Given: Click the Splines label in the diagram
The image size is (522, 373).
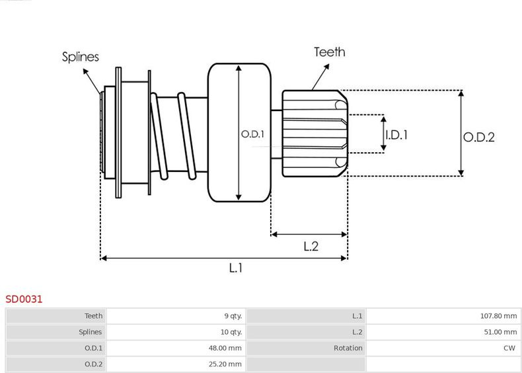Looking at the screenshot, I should [81, 57].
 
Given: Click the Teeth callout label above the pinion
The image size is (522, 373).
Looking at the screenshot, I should [329, 52].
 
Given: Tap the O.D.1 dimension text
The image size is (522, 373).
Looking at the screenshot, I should [252, 134].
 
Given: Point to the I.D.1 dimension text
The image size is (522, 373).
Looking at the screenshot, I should [396, 134].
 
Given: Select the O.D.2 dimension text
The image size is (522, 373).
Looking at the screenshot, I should [478, 137].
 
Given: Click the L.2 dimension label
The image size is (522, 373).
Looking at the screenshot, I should [311, 247].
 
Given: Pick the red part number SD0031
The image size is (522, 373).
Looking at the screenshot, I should [24, 299].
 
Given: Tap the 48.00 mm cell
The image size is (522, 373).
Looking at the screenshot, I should [226, 348].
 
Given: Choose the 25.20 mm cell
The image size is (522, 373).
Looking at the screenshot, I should [226, 364].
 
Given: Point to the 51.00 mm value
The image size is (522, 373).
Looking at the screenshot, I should [500, 332].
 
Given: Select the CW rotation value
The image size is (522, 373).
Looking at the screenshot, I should [510, 348].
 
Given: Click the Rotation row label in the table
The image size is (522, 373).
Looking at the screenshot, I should [348, 348].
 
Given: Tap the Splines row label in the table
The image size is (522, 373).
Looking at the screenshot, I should [91, 332].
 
